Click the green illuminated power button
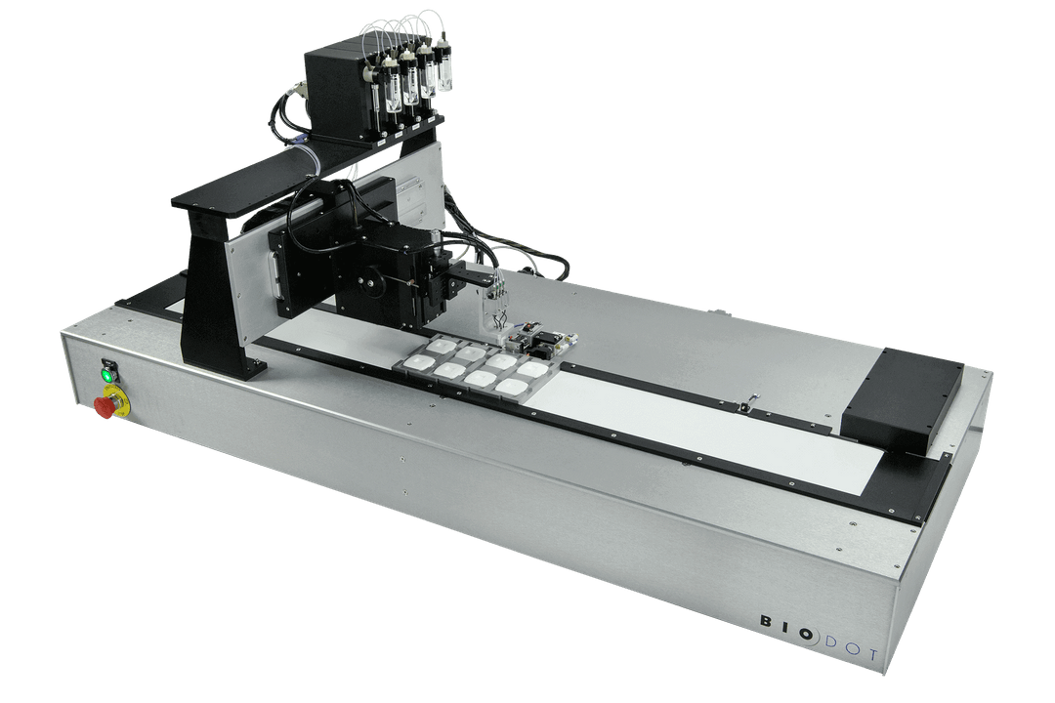[x=107, y=373]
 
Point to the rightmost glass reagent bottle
[x=443, y=66]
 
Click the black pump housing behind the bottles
[x=336, y=94]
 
